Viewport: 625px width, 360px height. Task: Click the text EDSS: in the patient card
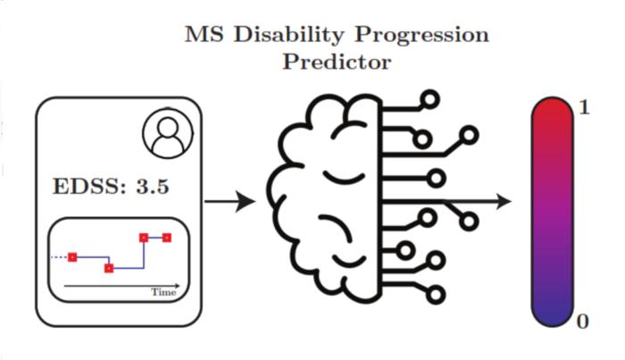tap(86, 188)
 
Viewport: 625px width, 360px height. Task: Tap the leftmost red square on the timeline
tap(72, 257)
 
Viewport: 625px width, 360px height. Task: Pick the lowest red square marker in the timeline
tap(109, 267)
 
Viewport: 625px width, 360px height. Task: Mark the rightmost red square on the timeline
tap(166, 238)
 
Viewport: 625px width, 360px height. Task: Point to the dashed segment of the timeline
tap(60, 257)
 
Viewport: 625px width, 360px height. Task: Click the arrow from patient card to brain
tap(229, 202)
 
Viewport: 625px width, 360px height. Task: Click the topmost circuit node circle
tap(431, 98)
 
